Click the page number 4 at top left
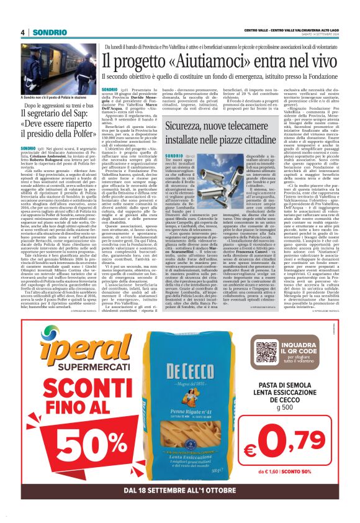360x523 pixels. [x=22, y=32]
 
